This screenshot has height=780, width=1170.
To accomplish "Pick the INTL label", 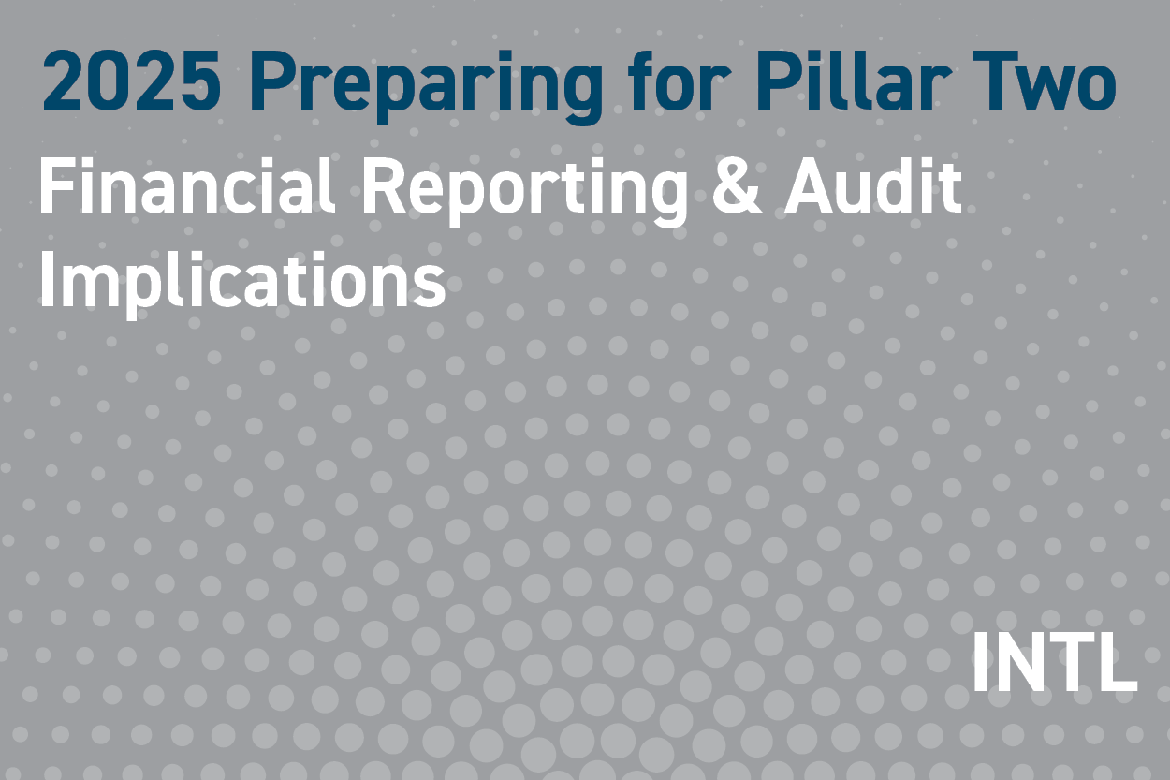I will (x=1054, y=663).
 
